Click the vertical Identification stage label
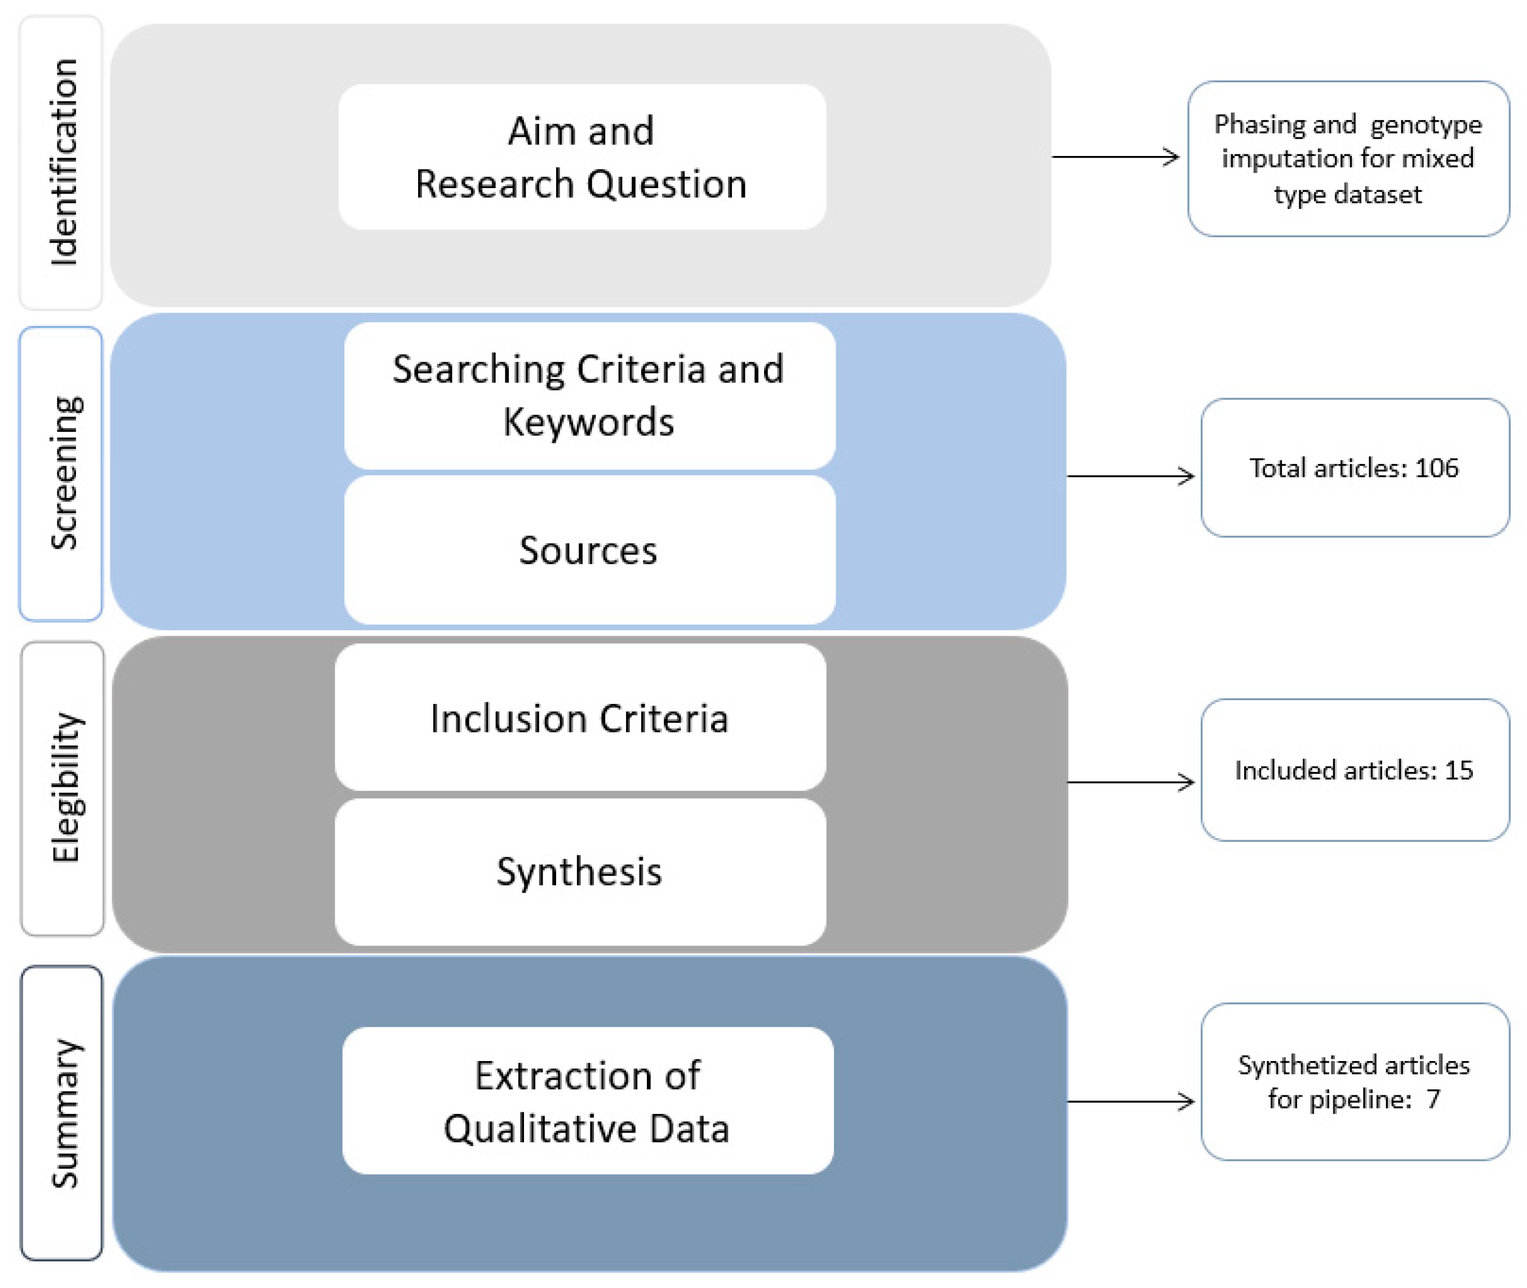63,162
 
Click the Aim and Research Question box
581,157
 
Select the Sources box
589,550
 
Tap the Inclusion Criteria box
580,717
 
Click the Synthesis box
580,871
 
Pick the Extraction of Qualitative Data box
588,1101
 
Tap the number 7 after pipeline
1433,1099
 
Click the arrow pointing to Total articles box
1130,476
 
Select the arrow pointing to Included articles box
1130,782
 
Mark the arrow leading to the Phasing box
1115,156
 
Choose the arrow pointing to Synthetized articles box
1130,1101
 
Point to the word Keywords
588,422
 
